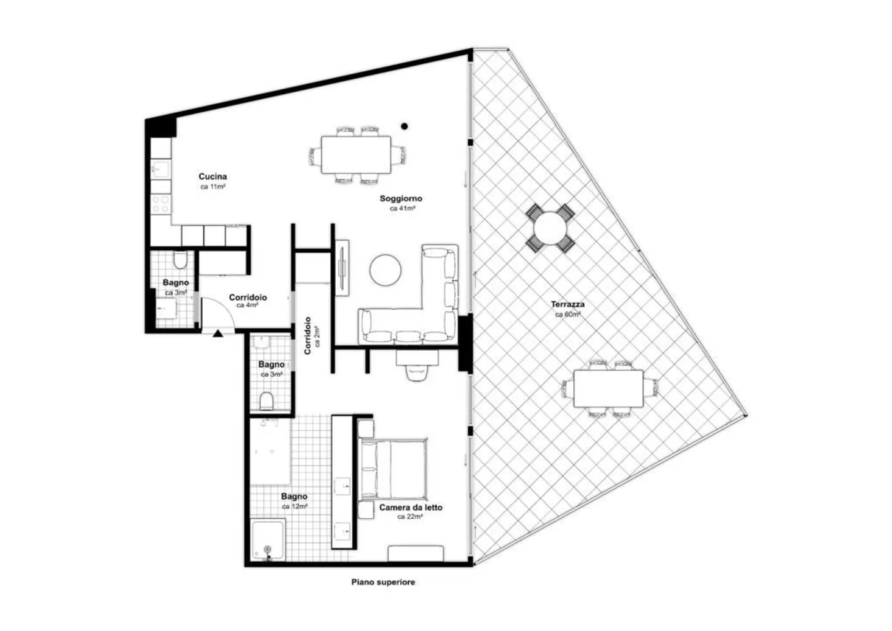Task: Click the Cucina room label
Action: pos(212,177)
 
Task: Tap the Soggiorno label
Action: pos(401,198)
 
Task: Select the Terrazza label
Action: pos(567,304)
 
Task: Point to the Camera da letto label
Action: pos(411,507)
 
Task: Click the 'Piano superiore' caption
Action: pos(383,582)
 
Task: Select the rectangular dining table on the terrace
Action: pos(608,389)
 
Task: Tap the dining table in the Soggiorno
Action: pos(356,155)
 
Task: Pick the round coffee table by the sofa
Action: pos(386,270)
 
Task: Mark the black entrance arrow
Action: pos(217,333)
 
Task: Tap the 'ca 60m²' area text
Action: pos(567,314)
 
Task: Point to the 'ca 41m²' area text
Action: pos(402,209)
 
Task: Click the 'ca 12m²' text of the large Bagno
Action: pos(295,506)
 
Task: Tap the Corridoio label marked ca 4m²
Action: pos(248,298)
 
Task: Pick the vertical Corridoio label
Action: pos(308,335)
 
